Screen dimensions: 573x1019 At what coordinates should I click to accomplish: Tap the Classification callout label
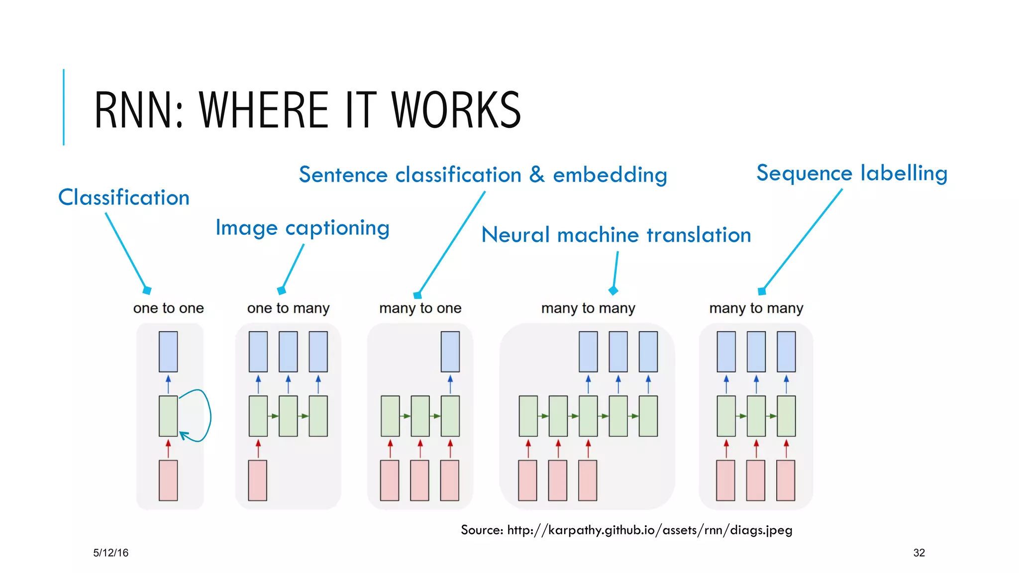tap(124, 197)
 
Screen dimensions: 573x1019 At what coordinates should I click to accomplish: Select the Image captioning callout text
tap(302, 228)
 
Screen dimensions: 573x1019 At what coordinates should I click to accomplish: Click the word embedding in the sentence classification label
tap(610, 175)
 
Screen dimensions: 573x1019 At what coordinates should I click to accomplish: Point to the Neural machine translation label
tap(616, 235)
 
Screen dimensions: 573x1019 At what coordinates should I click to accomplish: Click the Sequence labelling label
tap(851, 173)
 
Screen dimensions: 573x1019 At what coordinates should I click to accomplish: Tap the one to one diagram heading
tap(168, 308)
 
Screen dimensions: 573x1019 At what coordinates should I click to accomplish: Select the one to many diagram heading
tap(288, 308)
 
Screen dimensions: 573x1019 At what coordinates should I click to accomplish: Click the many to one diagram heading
tap(420, 308)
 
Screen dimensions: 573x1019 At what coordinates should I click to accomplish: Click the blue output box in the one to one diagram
tap(168, 352)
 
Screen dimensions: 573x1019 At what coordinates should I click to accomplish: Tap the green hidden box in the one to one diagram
tap(168, 416)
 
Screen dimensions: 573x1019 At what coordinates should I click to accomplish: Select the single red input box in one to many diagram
tap(258, 480)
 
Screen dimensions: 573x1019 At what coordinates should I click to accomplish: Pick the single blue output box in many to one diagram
tap(450, 352)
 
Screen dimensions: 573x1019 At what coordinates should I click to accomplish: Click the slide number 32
tap(918, 553)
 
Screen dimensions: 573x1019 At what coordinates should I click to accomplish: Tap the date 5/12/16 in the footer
tap(110, 553)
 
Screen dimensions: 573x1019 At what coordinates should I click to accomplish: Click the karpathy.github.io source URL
tap(649, 530)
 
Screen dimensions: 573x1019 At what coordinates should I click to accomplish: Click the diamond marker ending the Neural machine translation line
tap(613, 290)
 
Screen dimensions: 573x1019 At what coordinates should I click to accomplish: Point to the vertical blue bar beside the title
tap(64, 107)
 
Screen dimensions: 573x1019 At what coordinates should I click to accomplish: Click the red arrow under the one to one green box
tap(168, 448)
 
